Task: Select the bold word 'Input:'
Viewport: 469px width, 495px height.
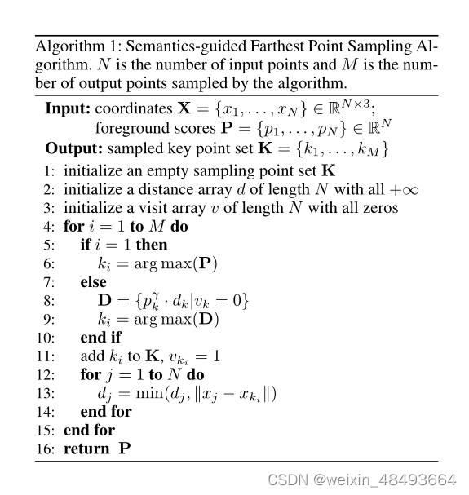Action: click(68, 108)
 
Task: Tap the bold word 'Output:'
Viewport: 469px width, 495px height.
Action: click(73, 149)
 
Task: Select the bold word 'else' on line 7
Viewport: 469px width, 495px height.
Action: click(94, 282)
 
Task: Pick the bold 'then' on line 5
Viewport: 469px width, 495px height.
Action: click(152, 245)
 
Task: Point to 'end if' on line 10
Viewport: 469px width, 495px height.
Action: click(101, 338)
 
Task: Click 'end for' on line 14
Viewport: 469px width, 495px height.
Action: click(106, 412)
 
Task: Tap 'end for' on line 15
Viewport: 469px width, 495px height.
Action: click(89, 431)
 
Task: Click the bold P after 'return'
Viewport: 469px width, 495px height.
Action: click(124, 449)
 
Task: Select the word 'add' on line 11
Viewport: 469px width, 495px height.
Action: click(93, 356)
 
